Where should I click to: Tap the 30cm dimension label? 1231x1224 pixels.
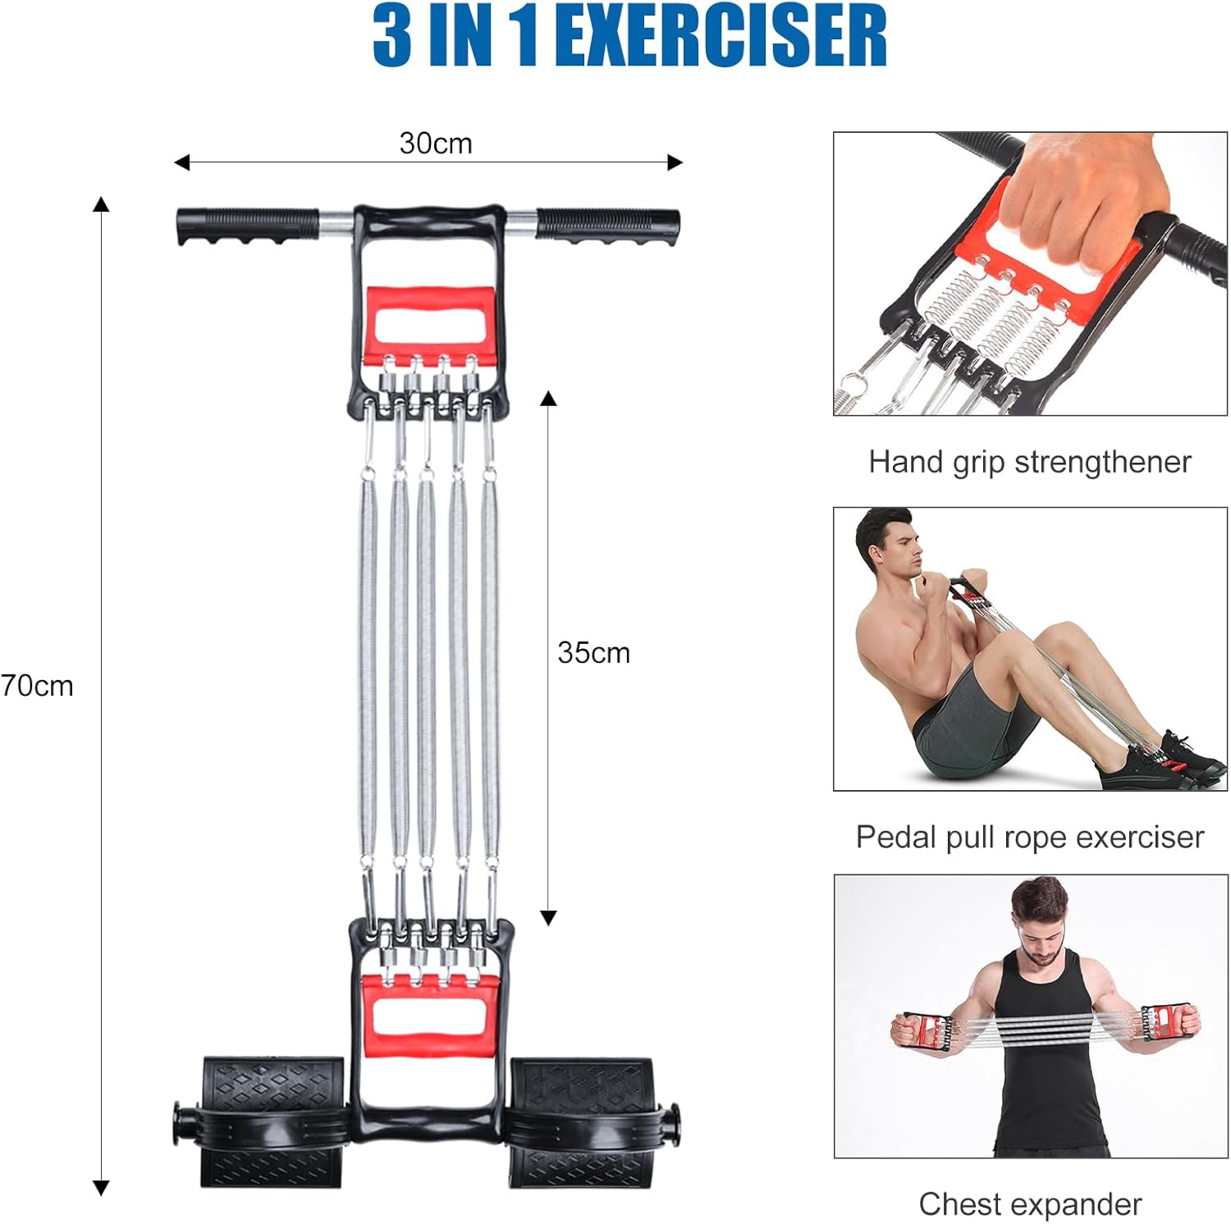[x=435, y=144]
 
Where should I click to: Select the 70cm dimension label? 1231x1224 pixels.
[x=37, y=686]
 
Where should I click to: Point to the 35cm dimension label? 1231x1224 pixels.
[x=593, y=653]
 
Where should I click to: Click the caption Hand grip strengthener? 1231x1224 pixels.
[x=1029, y=462]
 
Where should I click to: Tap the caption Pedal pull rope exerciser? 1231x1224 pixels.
[x=1029, y=838]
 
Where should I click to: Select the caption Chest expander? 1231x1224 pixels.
[x=1029, y=1204]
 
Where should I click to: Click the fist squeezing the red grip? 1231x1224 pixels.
[x=1083, y=205]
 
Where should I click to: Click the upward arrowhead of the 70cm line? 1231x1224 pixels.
[x=101, y=205]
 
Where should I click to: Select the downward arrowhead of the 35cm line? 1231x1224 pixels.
[x=548, y=918]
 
